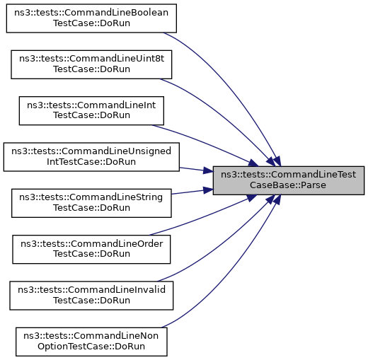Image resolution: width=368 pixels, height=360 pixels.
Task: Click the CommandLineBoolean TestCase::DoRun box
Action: [x=91, y=18]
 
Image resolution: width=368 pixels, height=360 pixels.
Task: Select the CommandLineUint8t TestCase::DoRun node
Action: [x=91, y=64]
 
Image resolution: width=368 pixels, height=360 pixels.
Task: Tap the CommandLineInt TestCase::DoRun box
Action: [x=91, y=110]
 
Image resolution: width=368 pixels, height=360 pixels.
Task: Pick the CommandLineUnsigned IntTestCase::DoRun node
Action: [x=91, y=157]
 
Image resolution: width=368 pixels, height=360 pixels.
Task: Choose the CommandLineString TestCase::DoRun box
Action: [x=91, y=203]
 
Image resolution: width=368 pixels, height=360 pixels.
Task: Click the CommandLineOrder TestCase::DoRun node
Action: [x=91, y=249]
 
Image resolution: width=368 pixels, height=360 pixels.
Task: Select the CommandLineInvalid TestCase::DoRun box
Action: [x=91, y=296]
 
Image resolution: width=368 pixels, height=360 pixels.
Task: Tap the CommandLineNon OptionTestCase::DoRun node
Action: [x=91, y=342]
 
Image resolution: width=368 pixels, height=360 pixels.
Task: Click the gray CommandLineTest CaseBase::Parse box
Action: [x=289, y=180]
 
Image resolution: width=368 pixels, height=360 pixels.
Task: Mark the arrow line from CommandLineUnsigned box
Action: [x=196, y=170]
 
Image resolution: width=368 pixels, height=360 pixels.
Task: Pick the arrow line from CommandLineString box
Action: [x=192, y=192]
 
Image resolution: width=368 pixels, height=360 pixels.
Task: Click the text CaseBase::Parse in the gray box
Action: [x=288, y=185]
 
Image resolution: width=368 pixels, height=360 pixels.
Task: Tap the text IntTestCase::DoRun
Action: [x=91, y=162]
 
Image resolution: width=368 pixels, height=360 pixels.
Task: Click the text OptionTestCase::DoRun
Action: [x=91, y=347]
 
